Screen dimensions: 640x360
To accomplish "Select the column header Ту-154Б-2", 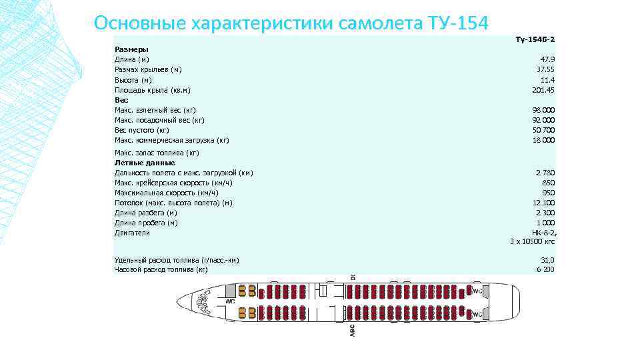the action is [x=535, y=39].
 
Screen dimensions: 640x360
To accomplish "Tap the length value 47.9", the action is [x=547, y=59].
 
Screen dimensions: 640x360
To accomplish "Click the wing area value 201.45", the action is [x=544, y=89].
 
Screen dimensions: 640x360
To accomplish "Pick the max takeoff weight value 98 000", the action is [x=543, y=109].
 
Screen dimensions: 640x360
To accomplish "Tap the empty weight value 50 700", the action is [x=543, y=130].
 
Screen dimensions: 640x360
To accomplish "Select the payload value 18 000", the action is [x=543, y=140].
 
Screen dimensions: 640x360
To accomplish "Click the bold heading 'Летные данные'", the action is [x=145, y=163].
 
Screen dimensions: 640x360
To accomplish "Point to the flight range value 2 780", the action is [x=545, y=173].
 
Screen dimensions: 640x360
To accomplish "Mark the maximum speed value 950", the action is [x=549, y=193].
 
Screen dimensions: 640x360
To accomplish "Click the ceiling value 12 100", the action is [x=543, y=203].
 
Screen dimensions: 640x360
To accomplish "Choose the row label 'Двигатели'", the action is [x=132, y=233].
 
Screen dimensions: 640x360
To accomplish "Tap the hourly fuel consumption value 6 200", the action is [x=545, y=269].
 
